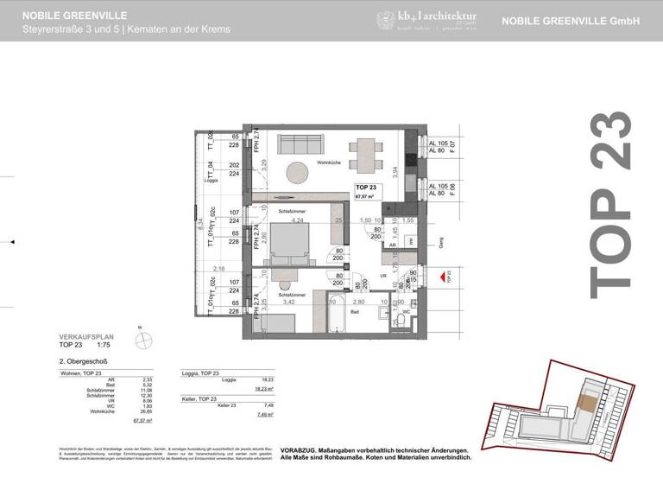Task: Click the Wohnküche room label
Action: tap(331, 162)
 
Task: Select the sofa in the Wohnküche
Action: tap(298, 141)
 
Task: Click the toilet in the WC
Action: tap(401, 321)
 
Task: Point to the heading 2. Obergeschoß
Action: tap(83, 361)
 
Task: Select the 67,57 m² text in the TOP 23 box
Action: tap(366, 196)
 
